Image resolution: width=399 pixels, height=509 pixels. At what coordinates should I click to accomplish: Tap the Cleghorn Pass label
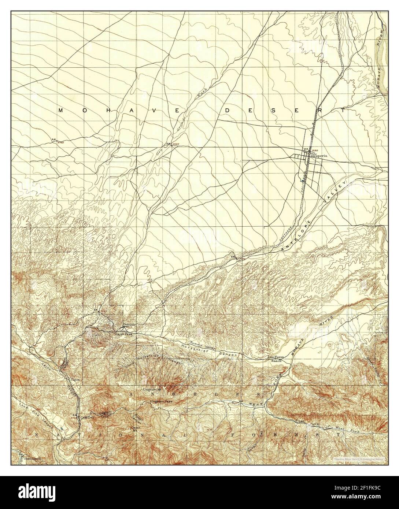point(161,401)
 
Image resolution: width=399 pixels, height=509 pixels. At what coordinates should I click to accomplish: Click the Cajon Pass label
point(123,334)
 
